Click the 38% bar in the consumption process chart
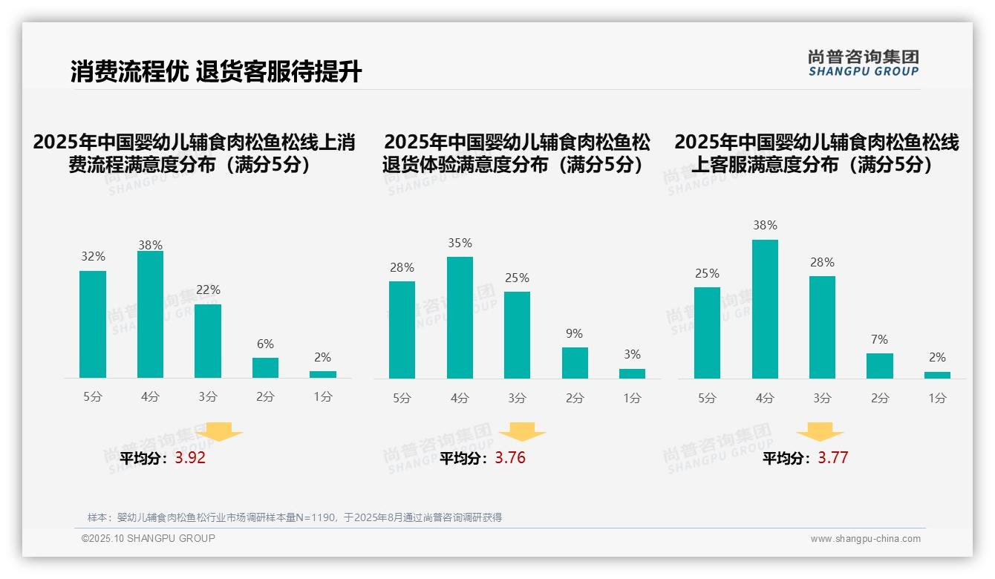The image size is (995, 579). [150, 315]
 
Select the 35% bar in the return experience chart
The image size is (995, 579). [460, 318]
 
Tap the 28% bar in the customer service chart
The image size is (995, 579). [822, 327]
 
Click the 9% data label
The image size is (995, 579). [574, 334]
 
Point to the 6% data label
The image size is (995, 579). [265, 344]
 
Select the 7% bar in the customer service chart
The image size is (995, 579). [880, 366]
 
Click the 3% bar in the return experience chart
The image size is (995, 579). [632, 373]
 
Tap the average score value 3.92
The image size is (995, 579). [190, 458]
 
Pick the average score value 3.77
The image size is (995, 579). [833, 458]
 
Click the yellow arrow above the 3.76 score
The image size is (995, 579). [522, 431]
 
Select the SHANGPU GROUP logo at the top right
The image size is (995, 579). [864, 63]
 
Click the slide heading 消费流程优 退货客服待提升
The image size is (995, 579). [216, 72]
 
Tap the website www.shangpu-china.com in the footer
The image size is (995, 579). [865, 539]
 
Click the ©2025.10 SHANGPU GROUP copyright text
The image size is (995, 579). [149, 538]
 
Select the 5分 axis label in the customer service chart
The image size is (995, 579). [707, 399]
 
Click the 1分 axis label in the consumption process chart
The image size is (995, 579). [323, 397]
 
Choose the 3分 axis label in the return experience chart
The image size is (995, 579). [517, 399]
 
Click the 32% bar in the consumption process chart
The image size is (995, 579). [93, 324]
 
